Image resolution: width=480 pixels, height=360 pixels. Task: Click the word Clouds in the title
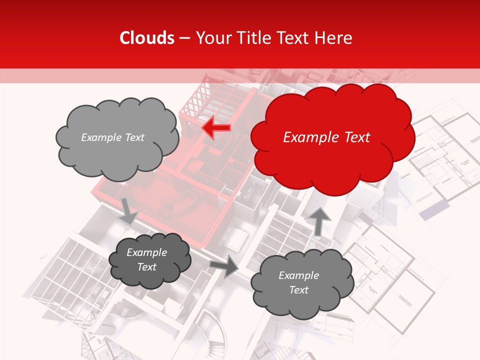click(147, 38)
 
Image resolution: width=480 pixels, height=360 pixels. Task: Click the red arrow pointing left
click(216, 128)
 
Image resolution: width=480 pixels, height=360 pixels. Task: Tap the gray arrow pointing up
click(319, 220)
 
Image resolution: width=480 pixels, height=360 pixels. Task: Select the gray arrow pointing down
click(128, 210)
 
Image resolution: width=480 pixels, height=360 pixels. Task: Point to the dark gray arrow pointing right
click(224, 266)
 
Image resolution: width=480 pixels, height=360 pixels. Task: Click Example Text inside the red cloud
click(326, 137)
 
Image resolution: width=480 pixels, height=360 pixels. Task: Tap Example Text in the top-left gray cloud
click(112, 137)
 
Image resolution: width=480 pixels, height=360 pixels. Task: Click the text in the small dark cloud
click(146, 259)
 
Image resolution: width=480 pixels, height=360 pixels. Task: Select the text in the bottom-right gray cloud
click(298, 282)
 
